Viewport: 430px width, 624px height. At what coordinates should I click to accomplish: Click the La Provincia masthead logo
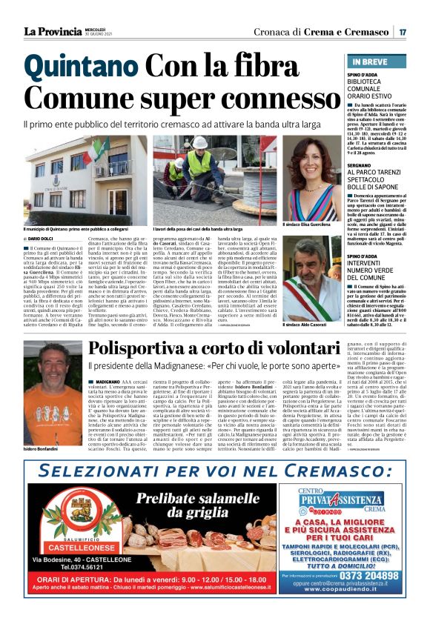[52, 31]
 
